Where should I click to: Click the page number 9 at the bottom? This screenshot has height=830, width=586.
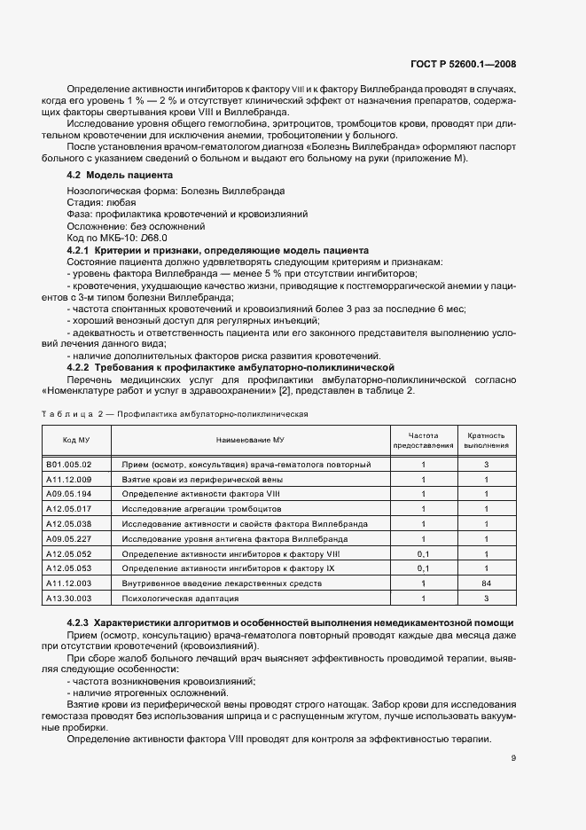click(514, 758)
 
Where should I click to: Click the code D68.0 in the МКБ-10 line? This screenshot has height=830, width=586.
click(155, 239)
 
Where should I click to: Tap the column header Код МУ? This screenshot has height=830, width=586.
click(75, 440)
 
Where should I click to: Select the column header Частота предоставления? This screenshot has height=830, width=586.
click(423, 440)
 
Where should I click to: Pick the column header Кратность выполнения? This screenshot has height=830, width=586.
click(486, 440)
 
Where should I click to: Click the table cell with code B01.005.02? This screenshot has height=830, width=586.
click(68, 464)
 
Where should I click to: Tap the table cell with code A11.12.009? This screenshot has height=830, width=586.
click(68, 479)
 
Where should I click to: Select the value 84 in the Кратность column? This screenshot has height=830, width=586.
click(486, 583)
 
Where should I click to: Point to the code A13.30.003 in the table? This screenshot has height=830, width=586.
click(68, 598)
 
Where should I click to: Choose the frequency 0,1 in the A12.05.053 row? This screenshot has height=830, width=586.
click(423, 568)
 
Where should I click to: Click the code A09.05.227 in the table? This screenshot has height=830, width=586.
click(68, 538)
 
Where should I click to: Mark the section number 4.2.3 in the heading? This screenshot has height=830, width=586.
click(79, 623)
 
